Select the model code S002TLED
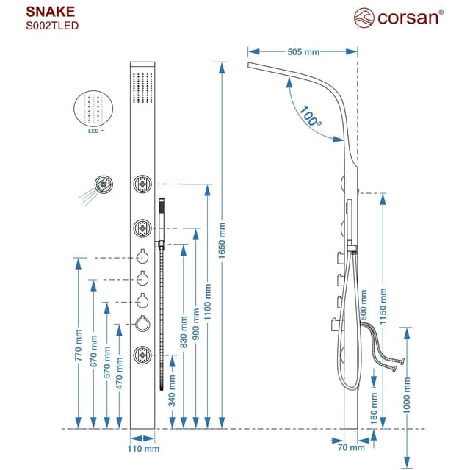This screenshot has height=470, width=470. pyautogui.click(x=52, y=26)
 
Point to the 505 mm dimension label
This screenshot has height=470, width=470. pyautogui.click(x=303, y=52)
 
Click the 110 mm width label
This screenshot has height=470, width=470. pyautogui.click(x=144, y=448)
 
